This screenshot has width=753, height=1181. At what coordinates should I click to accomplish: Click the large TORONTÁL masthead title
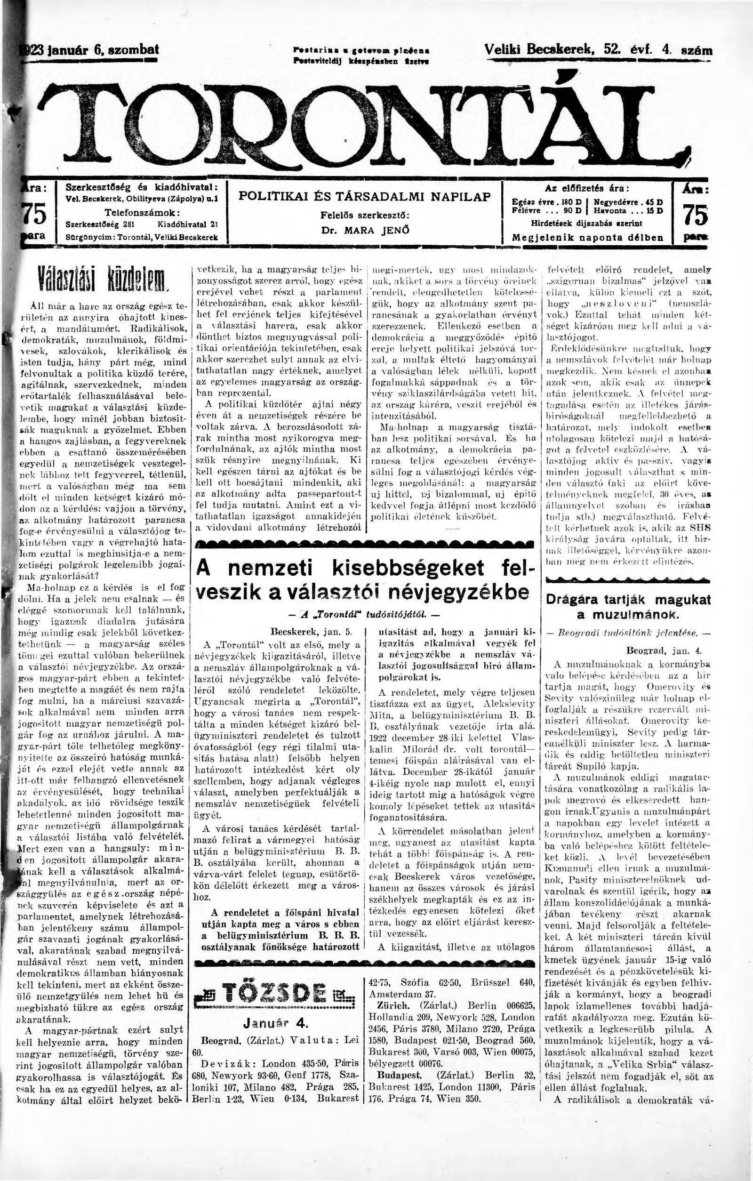point(363,120)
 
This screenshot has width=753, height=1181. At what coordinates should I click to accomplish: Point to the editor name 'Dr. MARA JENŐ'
point(365,230)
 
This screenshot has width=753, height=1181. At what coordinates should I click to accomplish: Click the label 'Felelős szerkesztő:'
point(365,215)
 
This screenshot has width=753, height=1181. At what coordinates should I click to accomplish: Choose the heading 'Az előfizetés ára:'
point(587,188)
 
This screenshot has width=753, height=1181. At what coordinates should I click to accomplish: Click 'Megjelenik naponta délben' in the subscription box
point(587,237)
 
